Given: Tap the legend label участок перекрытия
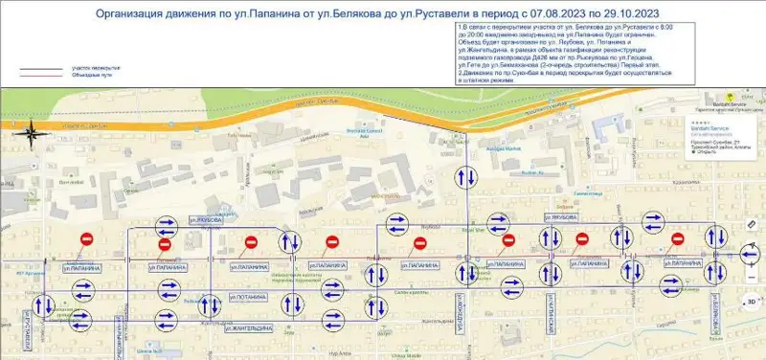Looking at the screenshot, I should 95,69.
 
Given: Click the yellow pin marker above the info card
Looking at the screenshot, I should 729,98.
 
